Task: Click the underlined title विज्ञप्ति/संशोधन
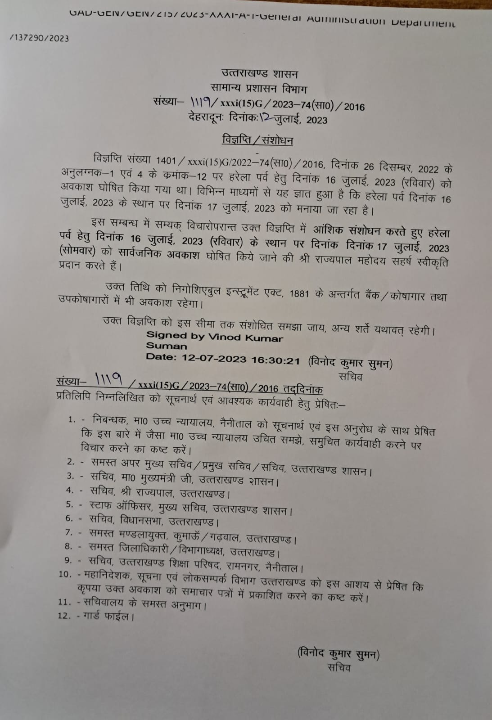pyautogui.click(x=257, y=140)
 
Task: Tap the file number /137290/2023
pyautogui.click(x=40, y=38)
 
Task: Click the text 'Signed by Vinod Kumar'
pyautogui.click(x=214, y=337)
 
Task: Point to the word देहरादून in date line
pyautogui.click(x=206, y=118)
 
